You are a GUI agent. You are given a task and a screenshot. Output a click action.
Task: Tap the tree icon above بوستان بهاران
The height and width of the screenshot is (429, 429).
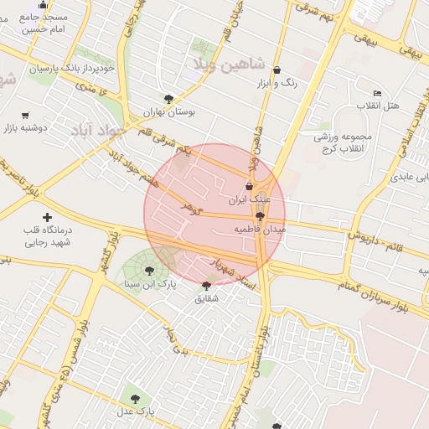click(x=168, y=99)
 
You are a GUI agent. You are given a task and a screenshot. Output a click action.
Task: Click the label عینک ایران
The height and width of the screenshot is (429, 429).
click(x=250, y=200)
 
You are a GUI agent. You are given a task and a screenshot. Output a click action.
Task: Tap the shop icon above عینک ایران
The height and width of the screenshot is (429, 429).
click(x=249, y=187)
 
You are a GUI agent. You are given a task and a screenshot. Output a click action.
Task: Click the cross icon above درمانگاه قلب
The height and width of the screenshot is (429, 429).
click(x=47, y=217)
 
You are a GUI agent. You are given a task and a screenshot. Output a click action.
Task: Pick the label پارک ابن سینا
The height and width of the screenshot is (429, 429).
click(x=150, y=284)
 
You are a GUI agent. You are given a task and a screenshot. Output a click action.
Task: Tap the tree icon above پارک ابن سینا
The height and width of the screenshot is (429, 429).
click(x=149, y=271)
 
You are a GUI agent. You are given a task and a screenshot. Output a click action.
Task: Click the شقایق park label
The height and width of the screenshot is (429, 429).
click(x=206, y=298)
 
